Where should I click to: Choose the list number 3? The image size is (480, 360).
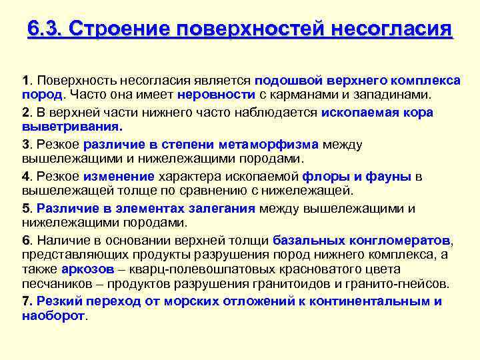26,144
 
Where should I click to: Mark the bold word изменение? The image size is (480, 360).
119,176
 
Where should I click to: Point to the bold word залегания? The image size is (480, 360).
219,208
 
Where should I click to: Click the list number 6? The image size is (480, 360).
26,240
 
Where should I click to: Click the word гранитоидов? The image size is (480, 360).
303,284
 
